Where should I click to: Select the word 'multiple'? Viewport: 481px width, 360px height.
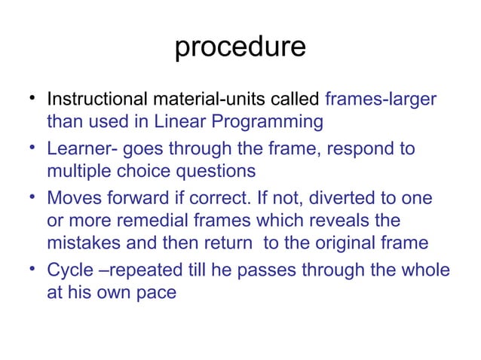(x=79, y=170)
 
